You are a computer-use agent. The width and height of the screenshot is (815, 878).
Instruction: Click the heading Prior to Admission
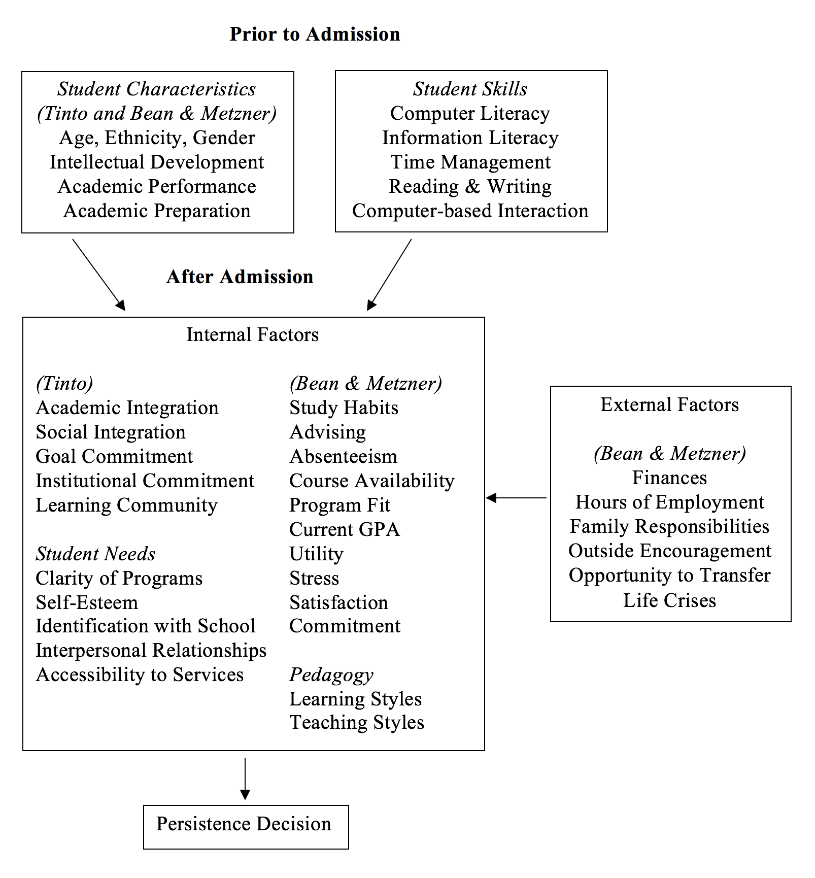(x=315, y=34)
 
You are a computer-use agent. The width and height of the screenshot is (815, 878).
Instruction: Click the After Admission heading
(x=240, y=277)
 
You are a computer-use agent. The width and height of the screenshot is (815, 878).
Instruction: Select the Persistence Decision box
(x=246, y=827)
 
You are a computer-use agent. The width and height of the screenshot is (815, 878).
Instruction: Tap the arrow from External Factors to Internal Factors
(x=516, y=498)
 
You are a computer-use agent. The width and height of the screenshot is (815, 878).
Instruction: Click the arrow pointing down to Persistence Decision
(x=245, y=779)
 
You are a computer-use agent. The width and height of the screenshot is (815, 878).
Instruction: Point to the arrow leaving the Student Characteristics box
(x=99, y=275)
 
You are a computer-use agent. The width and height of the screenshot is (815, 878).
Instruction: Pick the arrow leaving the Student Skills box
(x=389, y=275)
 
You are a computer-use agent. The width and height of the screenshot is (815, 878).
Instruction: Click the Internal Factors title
(x=253, y=334)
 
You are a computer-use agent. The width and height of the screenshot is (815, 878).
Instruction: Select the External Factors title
(x=670, y=404)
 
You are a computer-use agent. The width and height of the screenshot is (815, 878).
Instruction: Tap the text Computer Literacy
(x=470, y=113)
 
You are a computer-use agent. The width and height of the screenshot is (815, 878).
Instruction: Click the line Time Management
(x=470, y=162)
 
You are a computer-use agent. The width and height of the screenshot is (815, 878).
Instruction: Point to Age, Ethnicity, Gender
(x=157, y=138)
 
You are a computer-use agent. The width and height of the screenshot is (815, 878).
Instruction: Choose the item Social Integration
(x=111, y=432)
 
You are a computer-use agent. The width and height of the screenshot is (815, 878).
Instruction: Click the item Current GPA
(x=345, y=529)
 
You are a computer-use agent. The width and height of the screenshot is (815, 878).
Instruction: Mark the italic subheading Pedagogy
(x=331, y=675)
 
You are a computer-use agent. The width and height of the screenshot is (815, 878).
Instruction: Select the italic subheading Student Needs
(x=95, y=554)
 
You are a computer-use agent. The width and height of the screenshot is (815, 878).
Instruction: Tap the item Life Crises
(x=670, y=600)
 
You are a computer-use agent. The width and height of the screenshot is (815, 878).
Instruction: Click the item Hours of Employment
(x=670, y=502)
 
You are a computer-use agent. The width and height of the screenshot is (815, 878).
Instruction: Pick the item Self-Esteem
(x=87, y=602)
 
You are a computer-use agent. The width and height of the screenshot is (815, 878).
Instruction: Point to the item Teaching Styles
(x=357, y=722)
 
